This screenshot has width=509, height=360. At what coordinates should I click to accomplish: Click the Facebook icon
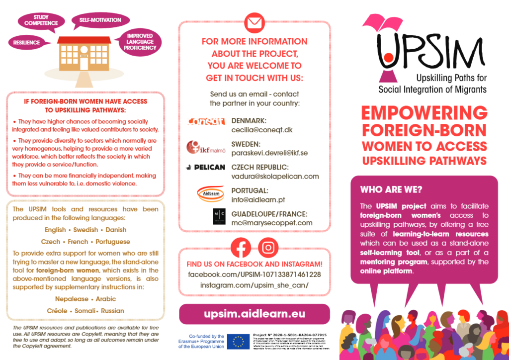241,248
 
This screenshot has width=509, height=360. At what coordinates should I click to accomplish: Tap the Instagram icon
268,248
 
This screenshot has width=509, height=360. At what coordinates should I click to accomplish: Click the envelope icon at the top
254,23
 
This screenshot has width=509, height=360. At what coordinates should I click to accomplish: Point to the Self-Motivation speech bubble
100,20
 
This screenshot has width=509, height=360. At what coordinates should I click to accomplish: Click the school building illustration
84,55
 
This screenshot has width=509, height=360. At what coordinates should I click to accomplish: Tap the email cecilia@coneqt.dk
262,129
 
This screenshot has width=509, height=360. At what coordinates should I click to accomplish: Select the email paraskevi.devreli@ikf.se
269,153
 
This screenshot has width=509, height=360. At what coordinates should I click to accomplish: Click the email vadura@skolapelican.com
275,176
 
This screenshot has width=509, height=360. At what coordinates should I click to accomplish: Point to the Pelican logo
205,168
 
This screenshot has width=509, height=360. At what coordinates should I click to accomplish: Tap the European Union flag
238,342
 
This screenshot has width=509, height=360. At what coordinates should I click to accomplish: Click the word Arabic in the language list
105,299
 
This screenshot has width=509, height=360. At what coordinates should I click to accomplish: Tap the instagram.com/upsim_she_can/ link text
254,285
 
